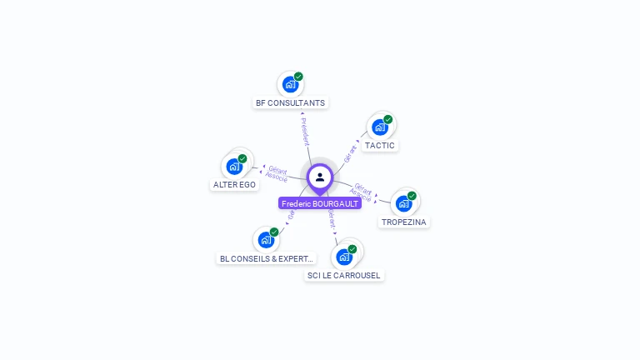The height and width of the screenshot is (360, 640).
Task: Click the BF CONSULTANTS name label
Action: pyautogui.click(x=291, y=103)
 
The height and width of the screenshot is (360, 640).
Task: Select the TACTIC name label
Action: pyautogui.click(x=380, y=146)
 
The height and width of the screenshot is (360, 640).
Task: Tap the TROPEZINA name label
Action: pyautogui.click(x=404, y=222)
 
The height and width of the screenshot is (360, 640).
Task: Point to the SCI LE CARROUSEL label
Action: pyautogui.click(x=343, y=276)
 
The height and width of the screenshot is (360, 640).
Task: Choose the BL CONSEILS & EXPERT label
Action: pyautogui.click(x=266, y=259)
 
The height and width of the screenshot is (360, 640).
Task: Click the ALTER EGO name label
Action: pyautogui.click(x=234, y=185)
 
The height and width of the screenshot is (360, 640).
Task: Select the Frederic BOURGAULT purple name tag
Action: pyautogui.click(x=320, y=203)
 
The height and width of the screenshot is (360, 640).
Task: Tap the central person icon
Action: pyautogui.click(x=320, y=177)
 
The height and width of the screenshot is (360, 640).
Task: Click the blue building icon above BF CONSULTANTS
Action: pyautogui.click(x=289, y=84)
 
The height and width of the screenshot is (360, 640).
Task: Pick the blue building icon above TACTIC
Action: pyautogui.click(x=379, y=127)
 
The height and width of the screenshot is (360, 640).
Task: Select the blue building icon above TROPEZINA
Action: pyautogui.click(x=403, y=203)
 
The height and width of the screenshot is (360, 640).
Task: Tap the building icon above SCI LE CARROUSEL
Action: pyautogui.click(x=343, y=257)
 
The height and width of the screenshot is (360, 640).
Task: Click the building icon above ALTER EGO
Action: pyautogui.click(x=234, y=167)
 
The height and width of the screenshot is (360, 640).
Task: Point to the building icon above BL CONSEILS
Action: pyautogui.click(x=265, y=240)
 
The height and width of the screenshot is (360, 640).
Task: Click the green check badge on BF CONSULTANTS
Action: pyautogui.click(x=298, y=77)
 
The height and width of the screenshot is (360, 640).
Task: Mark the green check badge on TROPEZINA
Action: pyautogui.click(x=412, y=196)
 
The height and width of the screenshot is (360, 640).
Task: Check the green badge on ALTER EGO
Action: pyautogui.click(x=242, y=158)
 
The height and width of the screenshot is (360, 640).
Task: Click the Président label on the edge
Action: pyautogui.click(x=305, y=131)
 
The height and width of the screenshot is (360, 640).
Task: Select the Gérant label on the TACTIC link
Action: pyautogui.click(x=350, y=153)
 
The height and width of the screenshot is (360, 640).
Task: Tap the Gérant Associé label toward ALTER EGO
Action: pyautogui.click(x=277, y=173)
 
